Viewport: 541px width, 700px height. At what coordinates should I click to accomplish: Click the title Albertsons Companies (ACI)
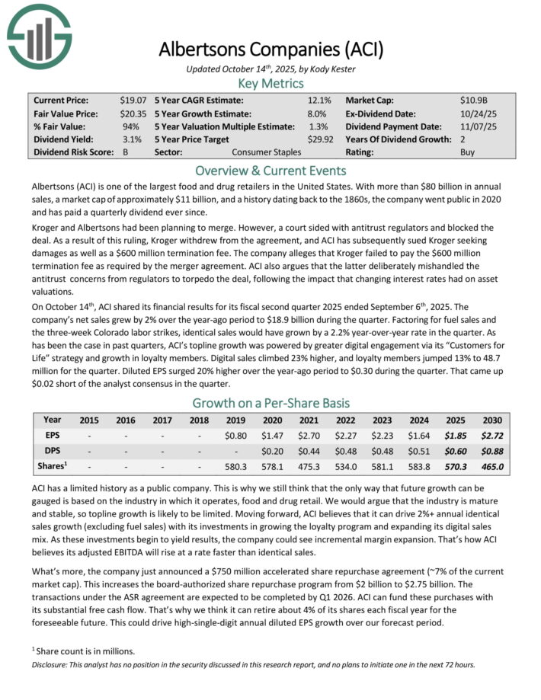coord(270,50)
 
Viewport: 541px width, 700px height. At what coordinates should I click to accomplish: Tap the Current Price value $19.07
coord(133,100)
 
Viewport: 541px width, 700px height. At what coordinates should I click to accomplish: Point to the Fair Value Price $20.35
coord(133,113)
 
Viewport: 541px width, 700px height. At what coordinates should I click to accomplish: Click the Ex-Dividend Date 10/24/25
coord(478,113)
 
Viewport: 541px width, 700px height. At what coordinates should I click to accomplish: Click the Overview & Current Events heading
coord(270,171)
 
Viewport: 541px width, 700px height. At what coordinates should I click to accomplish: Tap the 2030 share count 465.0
coord(491,466)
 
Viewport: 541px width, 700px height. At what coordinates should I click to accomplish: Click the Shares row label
coord(53,466)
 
